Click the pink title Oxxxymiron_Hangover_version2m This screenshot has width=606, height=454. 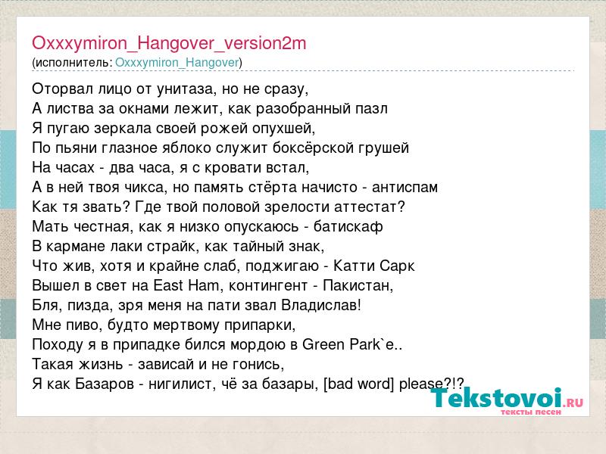click(169, 43)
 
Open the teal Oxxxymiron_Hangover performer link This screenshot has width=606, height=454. click(177, 63)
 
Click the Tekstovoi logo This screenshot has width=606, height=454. click(506, 398)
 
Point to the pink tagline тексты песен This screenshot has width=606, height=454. click(531, 412)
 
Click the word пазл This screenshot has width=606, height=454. click(371, 109)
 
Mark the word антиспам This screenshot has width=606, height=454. click(405, 187)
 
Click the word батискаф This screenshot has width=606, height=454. click(348, 226)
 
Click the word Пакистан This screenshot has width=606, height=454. click(358, 286)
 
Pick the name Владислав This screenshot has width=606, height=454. click(320, 306)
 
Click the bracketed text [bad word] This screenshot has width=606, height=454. click(358, 384)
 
